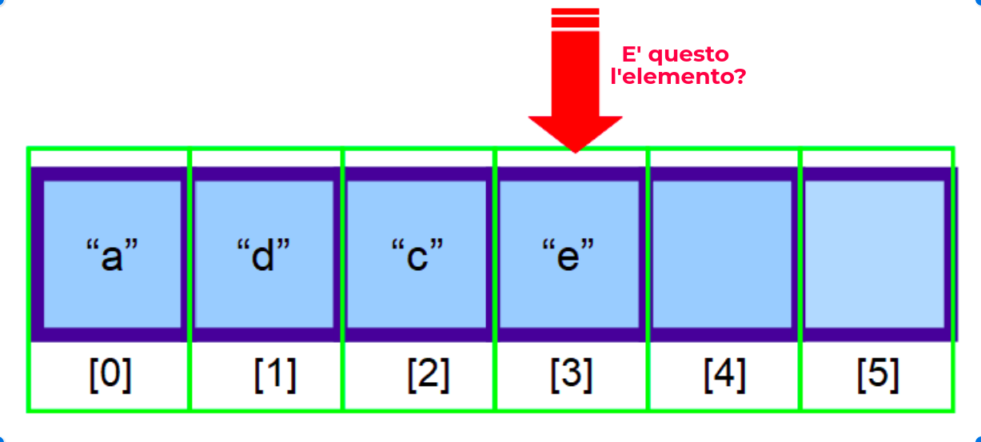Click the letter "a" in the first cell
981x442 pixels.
(112, 257)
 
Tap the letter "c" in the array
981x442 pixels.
(417, 257)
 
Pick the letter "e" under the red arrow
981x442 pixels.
(568, 257)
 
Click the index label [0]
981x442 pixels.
(110, 375)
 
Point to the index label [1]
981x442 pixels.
(275, 375)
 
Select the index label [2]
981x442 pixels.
(428, 375)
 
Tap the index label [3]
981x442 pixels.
(571, 375)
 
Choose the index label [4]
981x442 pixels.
(724, 375)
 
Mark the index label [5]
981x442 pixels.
(877, 375)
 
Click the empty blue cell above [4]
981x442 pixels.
(721, 254)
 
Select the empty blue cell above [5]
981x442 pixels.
(874, 254)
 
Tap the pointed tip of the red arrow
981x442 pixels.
(575, 149)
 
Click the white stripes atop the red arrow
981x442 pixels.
(575, 18)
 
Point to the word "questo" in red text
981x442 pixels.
(688, 55)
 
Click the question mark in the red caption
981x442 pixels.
(740, 77)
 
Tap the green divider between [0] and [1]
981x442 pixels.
(189, 376)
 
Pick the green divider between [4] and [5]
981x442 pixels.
(800, 376)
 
